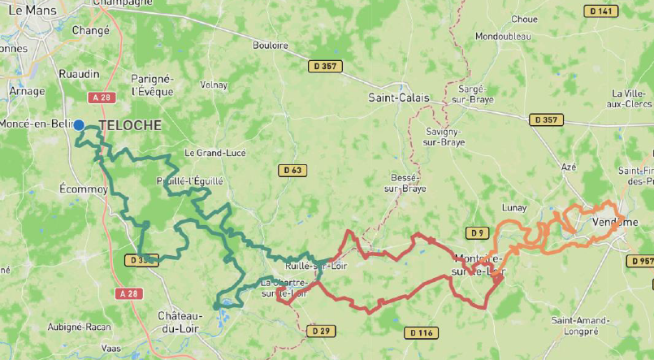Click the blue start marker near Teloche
(x=79, y=125)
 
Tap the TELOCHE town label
(x=130, y=125)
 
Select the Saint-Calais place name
(x=398, y=98)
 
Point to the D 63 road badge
(x=293, y=170)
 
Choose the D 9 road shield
(x=478, y=234)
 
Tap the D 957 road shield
(x=641, y=261)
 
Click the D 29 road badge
(x=320, y=331)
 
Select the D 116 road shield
(x=421, y=332)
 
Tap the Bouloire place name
(x=271, y=46)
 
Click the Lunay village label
(x=514, y=209)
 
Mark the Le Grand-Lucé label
(x=214, y=152)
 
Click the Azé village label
(x=569, y=167)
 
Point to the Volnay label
(x=214, y=84)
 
